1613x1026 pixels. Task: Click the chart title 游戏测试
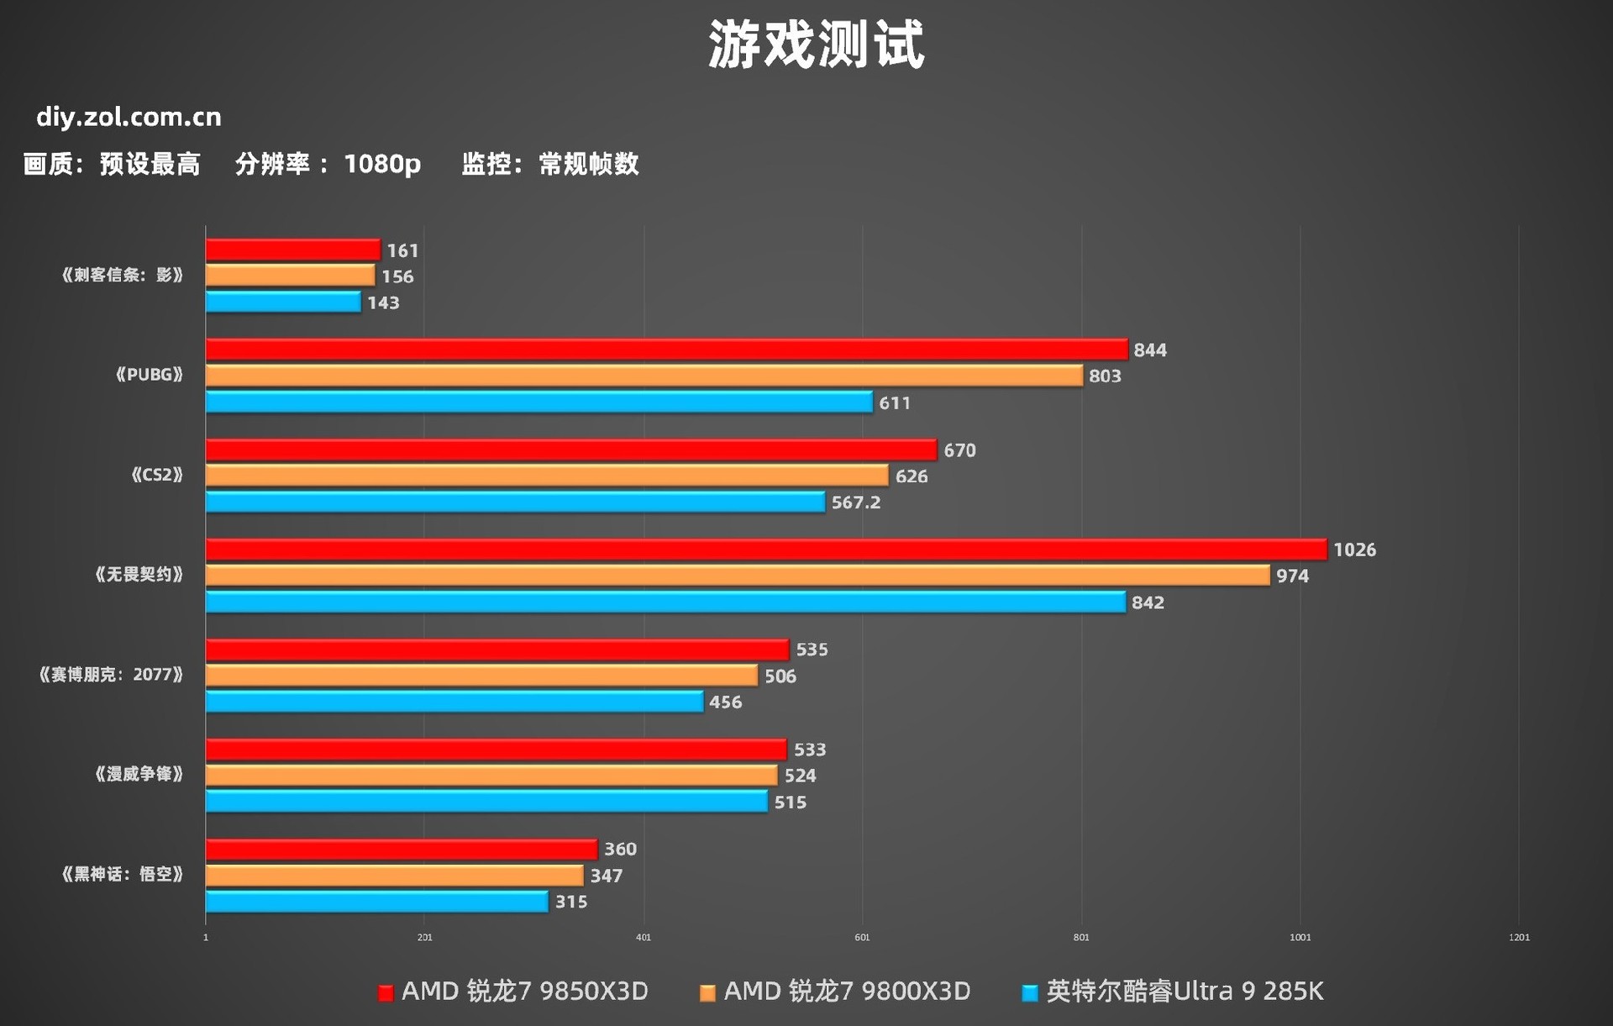[x=816, y=45]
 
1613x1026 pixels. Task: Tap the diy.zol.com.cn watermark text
[x=129, y=117]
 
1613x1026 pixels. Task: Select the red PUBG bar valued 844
[x=666, y=350]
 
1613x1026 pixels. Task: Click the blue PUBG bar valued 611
[x=539, y=402]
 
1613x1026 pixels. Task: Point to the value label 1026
[x=1354, y=550]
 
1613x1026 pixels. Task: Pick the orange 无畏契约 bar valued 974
[x=737, y=576]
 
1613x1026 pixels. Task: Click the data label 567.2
[x=855, y=502]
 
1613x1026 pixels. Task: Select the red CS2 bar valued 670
[x=570, y=450]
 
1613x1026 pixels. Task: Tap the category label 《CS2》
[x=157, y=475]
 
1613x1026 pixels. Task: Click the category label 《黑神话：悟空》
[x=123, y=874]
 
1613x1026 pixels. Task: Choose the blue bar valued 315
[x=376, y=902]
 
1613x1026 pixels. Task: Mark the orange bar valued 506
[x=481, y=676]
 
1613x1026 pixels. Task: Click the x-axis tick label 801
[x=1081, y=937]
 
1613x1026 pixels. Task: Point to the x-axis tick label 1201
[x=1519, y=937]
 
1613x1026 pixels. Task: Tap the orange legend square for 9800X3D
[x=707, y=993]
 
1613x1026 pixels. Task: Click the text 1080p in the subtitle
[x=382, y=164]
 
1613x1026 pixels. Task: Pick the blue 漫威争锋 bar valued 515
[x=486, y=802]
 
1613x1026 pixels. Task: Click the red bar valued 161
[x=292, y=250]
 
